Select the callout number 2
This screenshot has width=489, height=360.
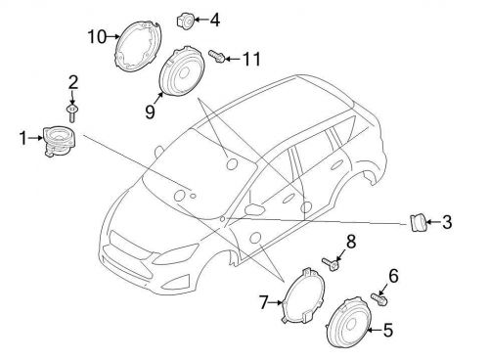[x=72, y=81]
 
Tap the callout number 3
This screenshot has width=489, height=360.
[x=447, y=223]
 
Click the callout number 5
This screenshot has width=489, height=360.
[x=387, y=331]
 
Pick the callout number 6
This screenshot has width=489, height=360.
[x=394, y=277]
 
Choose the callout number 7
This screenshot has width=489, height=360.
[x=263, y=302]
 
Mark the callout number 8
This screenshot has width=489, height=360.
[x=351, y=240]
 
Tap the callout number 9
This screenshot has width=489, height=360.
[x=150, y=112]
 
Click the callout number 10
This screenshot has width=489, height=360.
[x=96, y=37]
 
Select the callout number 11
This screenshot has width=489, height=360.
[x=252, y=60]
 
